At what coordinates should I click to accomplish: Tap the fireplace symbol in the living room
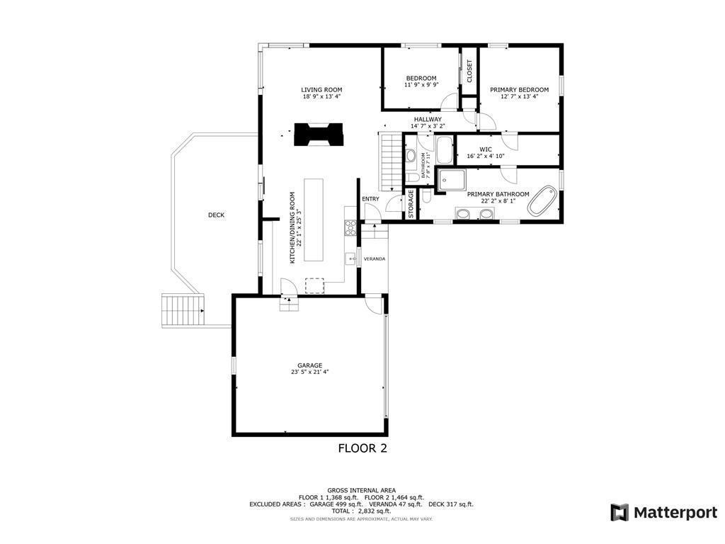[318, 134]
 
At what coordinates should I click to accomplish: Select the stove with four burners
[350, 227]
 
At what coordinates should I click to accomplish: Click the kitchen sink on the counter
[350, 259]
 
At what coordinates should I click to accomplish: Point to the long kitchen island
[314, 220]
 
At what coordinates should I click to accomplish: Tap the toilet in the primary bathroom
[426, 197]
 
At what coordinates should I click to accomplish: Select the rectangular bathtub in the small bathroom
[444, 150]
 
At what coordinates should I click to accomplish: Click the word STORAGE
[411, 204]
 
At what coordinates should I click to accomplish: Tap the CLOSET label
[469, 71]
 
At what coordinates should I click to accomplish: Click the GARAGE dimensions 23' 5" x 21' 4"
[309, 372]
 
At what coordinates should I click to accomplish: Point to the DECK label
[216, 215]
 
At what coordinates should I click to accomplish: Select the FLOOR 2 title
[362, 448]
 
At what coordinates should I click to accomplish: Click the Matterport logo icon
[620, 512]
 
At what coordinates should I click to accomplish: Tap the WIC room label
[485, 149]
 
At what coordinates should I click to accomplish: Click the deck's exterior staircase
[183, 310]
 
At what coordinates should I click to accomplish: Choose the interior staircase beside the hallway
[391, 161]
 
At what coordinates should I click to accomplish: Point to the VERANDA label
[375, 259]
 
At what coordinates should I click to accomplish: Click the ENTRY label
[370, 199]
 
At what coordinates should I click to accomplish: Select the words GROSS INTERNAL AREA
[361, 490]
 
